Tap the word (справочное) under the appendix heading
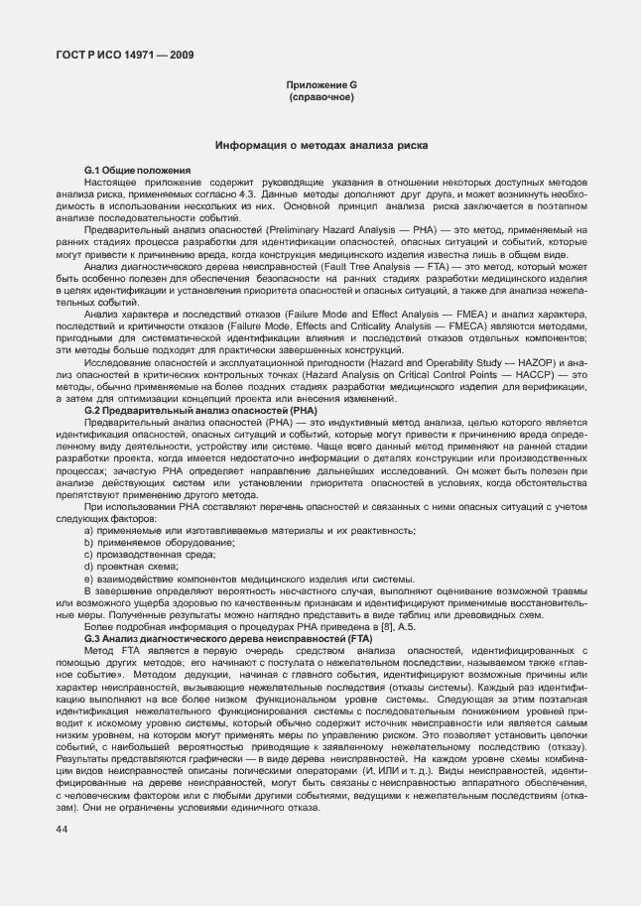pos(320,99)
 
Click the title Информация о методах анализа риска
pos(321,145)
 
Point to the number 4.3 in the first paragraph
pos(248,194)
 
